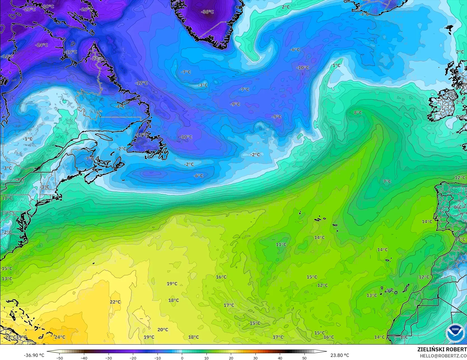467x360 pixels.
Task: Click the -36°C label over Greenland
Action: [207, 12]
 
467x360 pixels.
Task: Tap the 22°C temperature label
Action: [115, 302]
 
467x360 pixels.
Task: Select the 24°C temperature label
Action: [60, 337]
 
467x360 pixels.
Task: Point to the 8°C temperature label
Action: [358, 112]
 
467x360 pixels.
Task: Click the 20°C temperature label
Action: [163, 330]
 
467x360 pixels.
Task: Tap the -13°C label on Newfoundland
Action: [141, 135]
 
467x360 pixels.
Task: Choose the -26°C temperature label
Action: [86, 9]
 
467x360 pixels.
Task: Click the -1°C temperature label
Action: [28, 139]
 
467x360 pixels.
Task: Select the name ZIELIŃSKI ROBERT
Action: [442, 349]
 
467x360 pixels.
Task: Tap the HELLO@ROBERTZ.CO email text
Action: [443, 355]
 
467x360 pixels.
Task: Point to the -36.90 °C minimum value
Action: [34, 355]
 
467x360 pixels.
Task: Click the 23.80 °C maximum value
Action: [340, 355]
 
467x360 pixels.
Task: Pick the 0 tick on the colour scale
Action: [182, 358]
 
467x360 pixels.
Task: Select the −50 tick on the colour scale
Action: [59, 358]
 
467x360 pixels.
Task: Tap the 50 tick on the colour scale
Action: [304, 358]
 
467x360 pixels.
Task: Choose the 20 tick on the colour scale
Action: [231, 358]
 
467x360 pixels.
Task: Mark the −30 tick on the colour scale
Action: [108, 358]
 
